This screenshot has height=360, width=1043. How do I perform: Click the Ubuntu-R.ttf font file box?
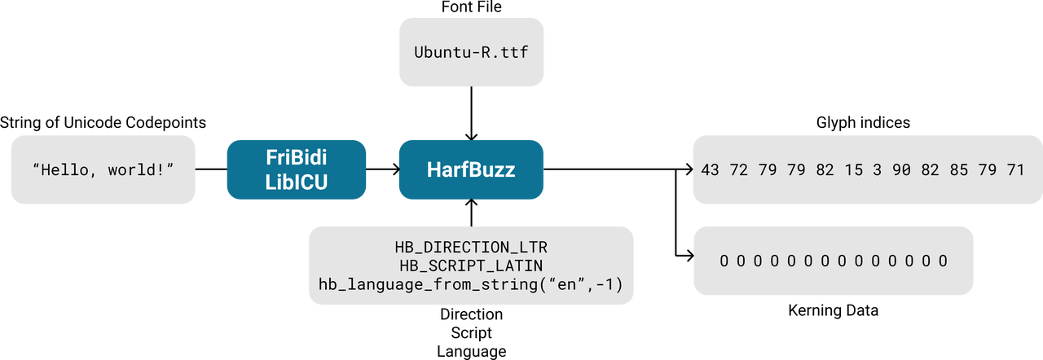[x=471, y=53]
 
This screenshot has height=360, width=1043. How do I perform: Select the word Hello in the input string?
[x=71, y=170]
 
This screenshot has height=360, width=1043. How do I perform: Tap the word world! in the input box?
[x=140, y=170]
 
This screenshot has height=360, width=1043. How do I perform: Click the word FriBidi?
[x=296, y=157]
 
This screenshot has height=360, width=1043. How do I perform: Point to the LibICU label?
[x=296, y=182]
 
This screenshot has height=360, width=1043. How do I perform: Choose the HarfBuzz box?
[x=471, y=170]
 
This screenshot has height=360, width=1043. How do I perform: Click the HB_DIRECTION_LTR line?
[x=471, y=247]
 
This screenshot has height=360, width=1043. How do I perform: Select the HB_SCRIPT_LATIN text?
[x=471, y=266]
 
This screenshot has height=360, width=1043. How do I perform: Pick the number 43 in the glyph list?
[x=710, y=170]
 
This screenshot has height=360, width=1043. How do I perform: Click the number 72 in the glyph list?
[x=738, y=170]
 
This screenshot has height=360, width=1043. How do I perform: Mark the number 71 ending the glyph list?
[x=1015, y=170]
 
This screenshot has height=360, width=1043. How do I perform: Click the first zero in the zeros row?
[x=724, y=261]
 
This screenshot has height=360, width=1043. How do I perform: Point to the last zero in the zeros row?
[x=944, y=261]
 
